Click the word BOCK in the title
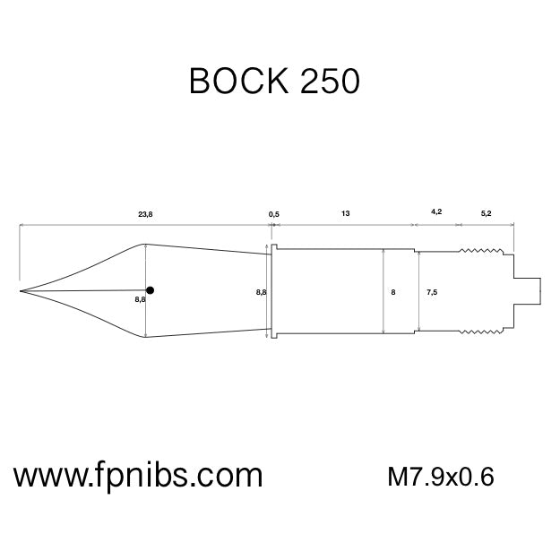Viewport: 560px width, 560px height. click(238, 82)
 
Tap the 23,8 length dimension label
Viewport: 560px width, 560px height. click(144, 214)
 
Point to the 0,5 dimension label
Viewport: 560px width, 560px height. click(274, 214)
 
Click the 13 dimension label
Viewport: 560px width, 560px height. click(345, 214)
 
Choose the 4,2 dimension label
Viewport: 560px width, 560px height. click(436, 212)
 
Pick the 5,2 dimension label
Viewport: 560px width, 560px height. click(486, 214)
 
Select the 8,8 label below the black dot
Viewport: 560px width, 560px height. click(140, 300)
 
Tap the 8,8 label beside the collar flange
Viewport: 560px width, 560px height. click(261, 292)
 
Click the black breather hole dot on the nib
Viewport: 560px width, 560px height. click(151, 289)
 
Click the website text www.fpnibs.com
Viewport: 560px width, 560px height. click(137, 474)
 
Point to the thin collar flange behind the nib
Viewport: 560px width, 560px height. click(275, 290)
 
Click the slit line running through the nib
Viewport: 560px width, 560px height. click(85, 290)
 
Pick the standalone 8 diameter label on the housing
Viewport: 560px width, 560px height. click(393, 292)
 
